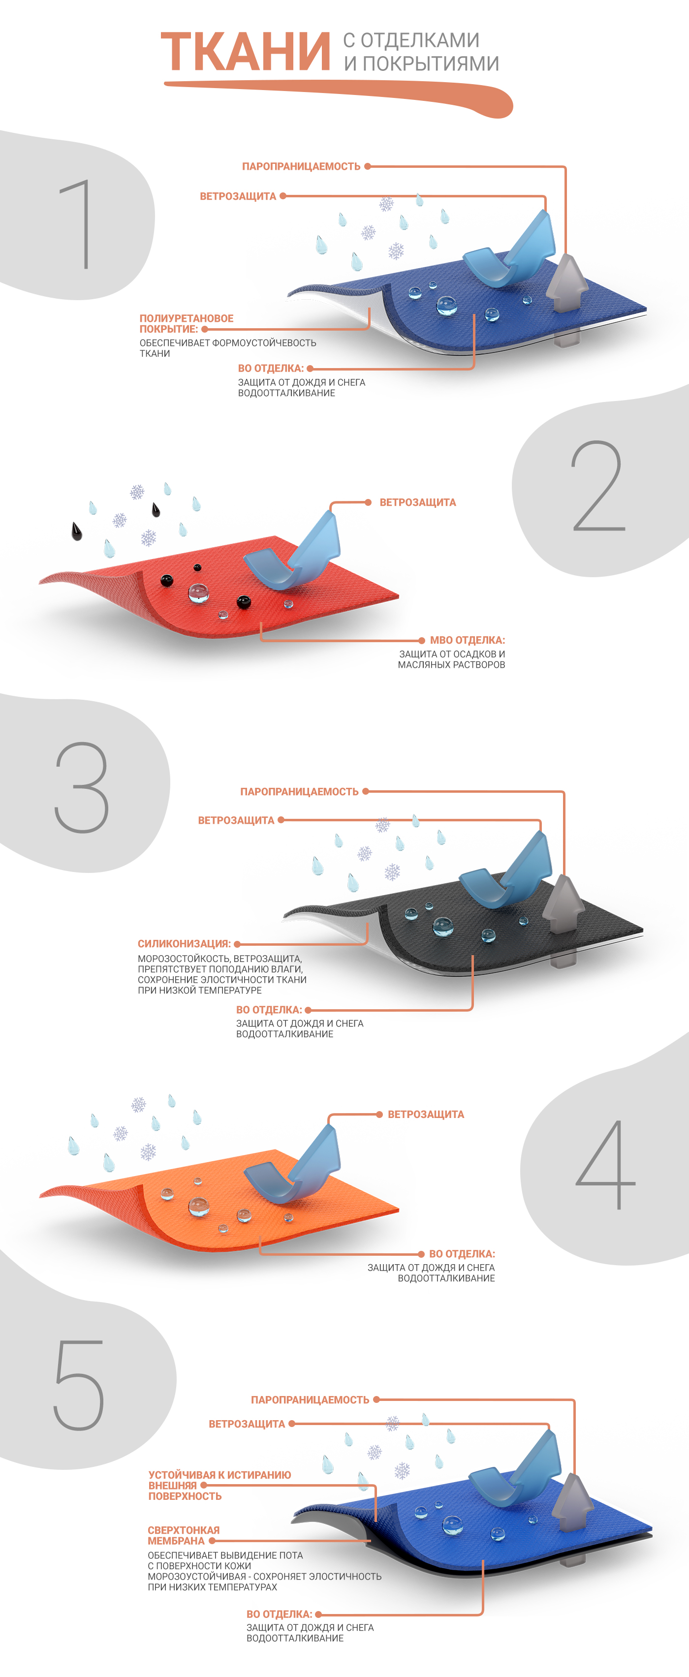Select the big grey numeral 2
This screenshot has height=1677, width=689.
[x=598, y=486]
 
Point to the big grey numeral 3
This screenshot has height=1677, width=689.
[x=81, y=787]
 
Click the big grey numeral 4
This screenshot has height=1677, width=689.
[x=606, y=1165]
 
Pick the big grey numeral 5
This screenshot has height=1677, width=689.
[x=79, y=1385]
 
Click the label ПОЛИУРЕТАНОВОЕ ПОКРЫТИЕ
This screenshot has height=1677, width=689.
[x=186, y=324]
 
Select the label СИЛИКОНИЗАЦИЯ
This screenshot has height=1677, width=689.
[x=184, y=943]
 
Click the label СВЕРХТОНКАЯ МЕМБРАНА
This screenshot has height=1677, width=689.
[x=183, y=1535]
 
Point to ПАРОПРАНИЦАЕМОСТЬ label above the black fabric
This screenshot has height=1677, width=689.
[x=299, y=792]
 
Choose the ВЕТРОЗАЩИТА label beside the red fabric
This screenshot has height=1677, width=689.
[x=417, y=502]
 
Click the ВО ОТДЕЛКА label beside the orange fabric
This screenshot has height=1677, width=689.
[x=462, y=1254]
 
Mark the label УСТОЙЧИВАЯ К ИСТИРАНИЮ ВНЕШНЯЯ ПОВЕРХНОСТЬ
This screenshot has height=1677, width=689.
[x=219, y=1486]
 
